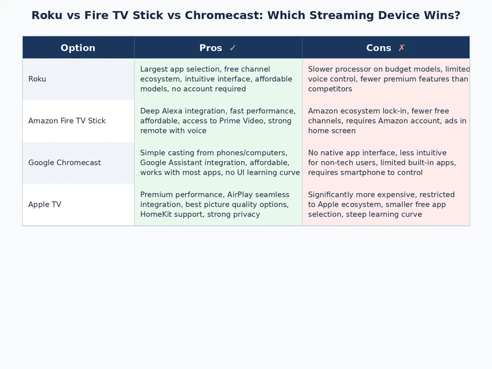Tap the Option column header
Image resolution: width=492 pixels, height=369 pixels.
[78, 48]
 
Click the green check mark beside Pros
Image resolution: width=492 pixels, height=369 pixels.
[232, 48]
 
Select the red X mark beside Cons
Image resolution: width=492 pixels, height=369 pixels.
[402, 48]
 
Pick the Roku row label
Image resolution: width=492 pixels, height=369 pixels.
[37, 79]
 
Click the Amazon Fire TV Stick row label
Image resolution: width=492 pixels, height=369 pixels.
[67, 121]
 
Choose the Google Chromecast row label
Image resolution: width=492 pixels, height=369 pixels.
[65, 163]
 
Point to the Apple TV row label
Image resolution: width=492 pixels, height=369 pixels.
[45, 205]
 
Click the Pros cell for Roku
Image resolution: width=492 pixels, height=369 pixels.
[218, 79]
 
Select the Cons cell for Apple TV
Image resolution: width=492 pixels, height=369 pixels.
[386, 205]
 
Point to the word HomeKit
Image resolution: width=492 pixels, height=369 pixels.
[157, 215]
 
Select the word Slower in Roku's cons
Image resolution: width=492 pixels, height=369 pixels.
[322, 69]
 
